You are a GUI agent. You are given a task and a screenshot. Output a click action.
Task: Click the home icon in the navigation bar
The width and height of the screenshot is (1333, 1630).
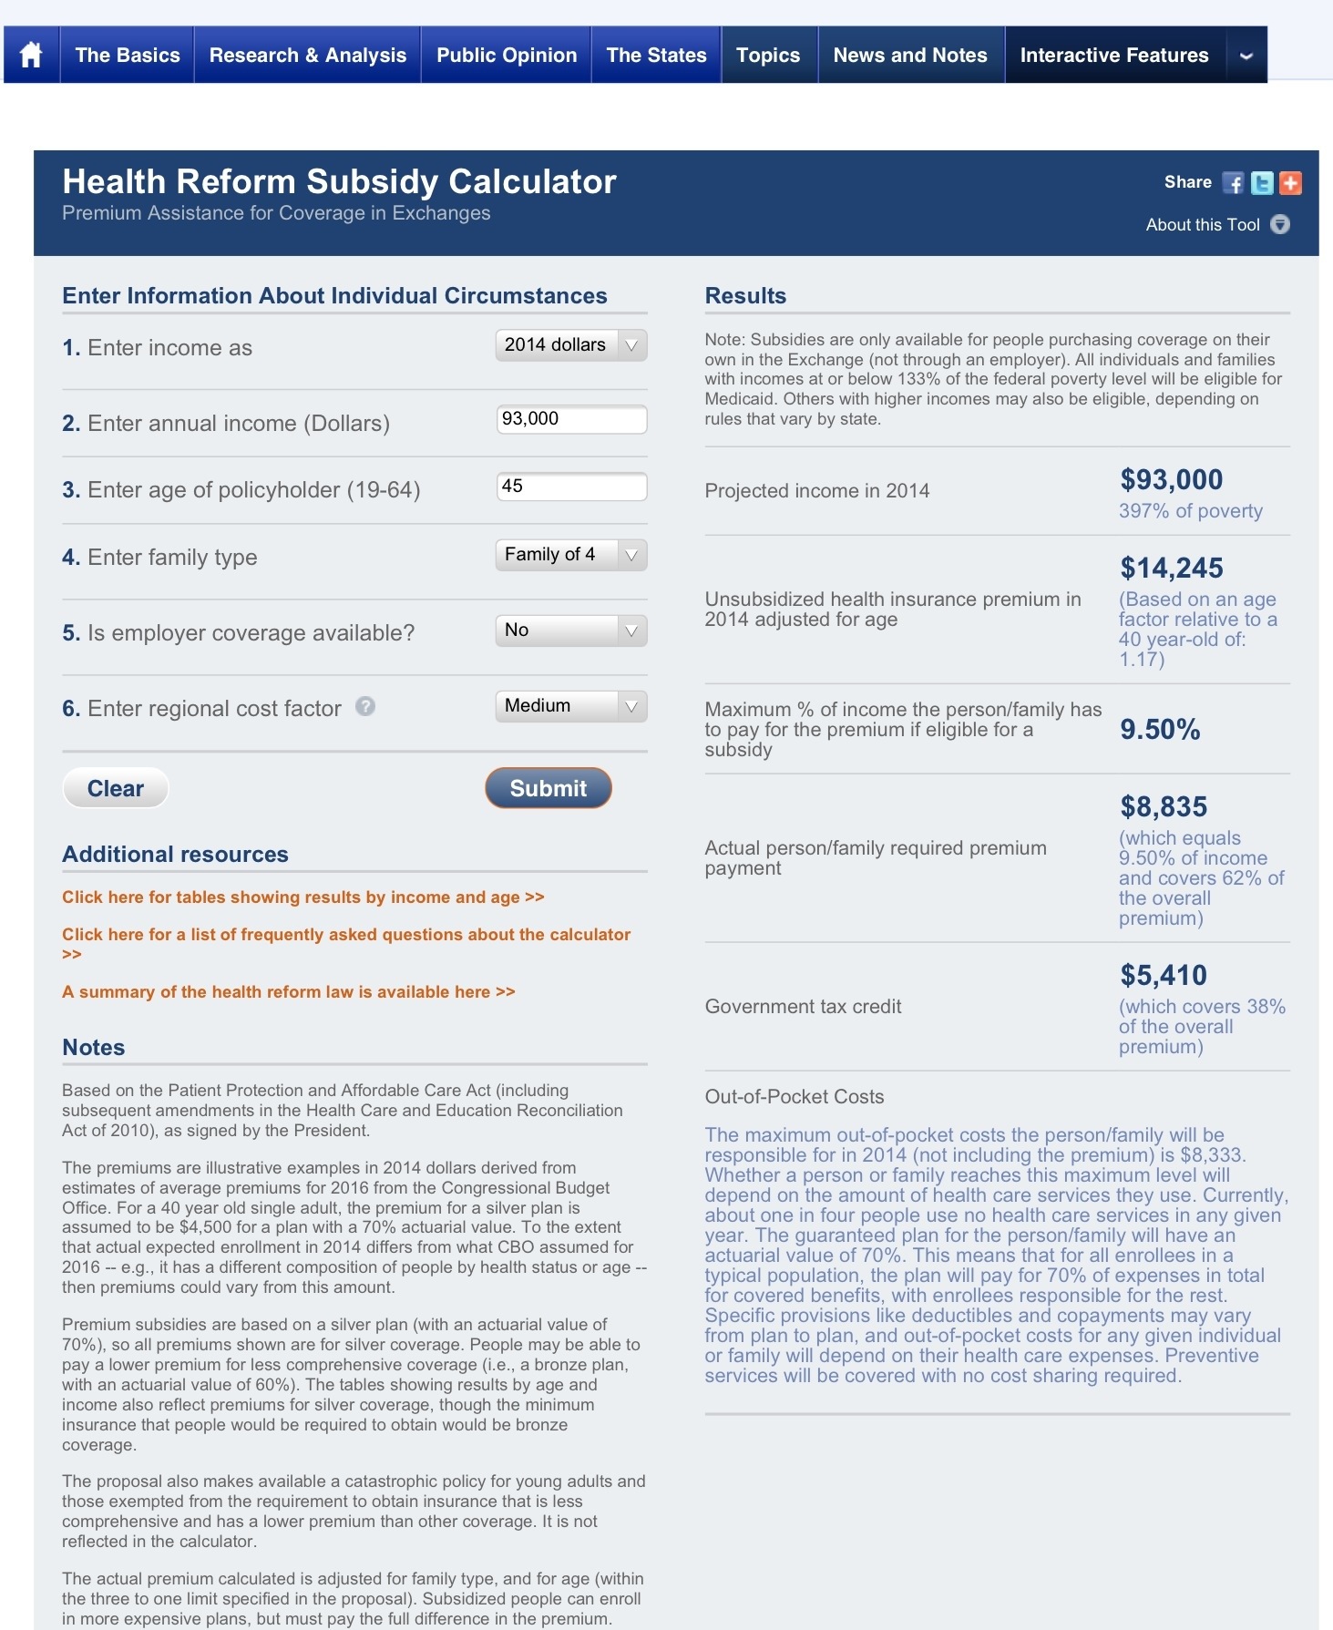click(31, 56)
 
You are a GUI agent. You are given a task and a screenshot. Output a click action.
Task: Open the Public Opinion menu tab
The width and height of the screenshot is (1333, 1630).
click(506, 56)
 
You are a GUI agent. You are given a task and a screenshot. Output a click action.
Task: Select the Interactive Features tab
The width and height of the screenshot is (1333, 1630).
click(1113, 56)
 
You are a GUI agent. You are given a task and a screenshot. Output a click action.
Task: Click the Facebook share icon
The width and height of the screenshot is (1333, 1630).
click(1233, 183)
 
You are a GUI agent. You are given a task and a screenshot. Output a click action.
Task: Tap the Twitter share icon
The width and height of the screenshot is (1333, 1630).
click(1262, 183)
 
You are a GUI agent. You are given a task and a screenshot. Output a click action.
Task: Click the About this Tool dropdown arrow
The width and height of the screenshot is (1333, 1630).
click(1280, 224)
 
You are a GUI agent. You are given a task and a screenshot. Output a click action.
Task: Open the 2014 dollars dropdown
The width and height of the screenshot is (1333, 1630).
click(570, 345)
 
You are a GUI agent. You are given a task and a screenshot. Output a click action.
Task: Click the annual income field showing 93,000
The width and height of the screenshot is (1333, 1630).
click(571, 419)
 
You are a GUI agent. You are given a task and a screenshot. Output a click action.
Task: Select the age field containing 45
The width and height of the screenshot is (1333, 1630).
click(571, 487)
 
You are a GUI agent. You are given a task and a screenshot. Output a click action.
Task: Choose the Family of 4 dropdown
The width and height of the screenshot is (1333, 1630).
click(570, 555)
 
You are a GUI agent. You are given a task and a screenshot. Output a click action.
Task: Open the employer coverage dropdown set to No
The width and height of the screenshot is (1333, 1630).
click(570, 630)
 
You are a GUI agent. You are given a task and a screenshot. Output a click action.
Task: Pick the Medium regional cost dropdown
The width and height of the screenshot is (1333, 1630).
click(570, 706)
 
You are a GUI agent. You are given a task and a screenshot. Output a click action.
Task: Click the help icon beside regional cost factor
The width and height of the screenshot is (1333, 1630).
click(365, 706)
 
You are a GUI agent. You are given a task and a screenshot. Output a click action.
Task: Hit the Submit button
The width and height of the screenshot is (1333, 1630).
click(548, 788)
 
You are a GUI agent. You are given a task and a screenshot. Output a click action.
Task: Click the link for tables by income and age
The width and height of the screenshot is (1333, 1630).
click(302, 897)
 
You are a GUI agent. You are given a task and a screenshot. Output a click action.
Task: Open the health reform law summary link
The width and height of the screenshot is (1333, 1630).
click(288, 992)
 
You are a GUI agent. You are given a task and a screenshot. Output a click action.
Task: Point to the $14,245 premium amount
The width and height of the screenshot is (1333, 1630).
click(1172, 569)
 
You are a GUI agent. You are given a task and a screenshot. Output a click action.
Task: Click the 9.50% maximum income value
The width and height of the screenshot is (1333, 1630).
click(1160, 730)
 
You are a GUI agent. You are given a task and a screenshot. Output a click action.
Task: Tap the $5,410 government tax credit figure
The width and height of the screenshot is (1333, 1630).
click(1164, 976)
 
